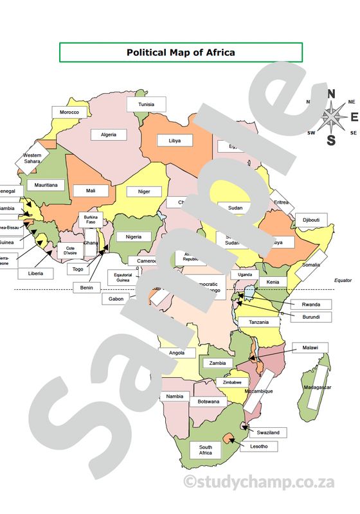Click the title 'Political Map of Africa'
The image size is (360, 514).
click(181, 53)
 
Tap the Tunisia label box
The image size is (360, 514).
click(146, 104)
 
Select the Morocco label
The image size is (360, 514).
click(69, 112)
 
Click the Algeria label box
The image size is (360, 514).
click(108, 135)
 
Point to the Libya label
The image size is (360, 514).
click(174, 140)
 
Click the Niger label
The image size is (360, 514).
click(143, 191)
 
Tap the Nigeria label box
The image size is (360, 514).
click(133, 236)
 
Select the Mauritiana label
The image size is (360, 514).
click(46, 185)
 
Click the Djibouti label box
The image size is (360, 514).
click(310, 220)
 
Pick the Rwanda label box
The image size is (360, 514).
click(315, 304)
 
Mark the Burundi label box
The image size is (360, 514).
click(315, 317)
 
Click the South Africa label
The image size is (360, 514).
click(205, 450)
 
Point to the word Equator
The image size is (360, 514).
click(343, 281)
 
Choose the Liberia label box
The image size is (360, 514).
click(36, 273)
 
